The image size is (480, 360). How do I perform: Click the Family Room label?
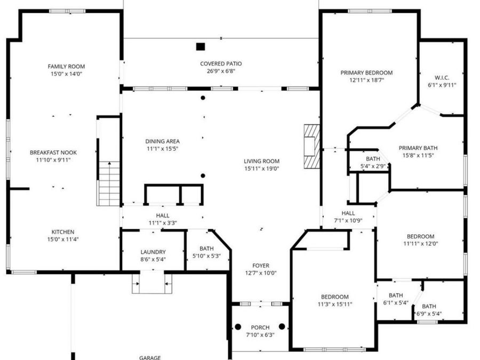pos(66,67)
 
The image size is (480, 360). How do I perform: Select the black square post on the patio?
pos(201,46)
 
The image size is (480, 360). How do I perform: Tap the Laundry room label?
pos(153,252)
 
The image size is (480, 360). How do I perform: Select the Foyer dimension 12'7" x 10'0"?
pos(261,273)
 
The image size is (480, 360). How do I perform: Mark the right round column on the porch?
pos(282,326)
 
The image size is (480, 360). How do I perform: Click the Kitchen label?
pos(63,232)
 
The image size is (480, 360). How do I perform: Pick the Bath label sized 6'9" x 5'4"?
pos(429,306)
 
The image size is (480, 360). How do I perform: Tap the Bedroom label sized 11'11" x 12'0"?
pos(420,236)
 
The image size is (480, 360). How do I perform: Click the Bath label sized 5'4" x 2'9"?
pos(372,159)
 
